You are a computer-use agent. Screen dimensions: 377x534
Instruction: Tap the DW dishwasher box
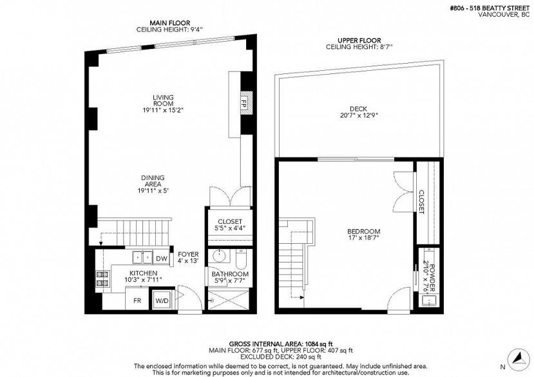pos(162,259)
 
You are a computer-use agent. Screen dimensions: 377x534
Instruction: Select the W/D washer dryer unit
pos(160,300)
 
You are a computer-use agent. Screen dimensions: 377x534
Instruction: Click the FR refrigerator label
pos(137,300)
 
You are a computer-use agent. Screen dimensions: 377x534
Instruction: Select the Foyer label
pos(188,258)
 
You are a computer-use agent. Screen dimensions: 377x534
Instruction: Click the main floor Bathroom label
pos(230,277)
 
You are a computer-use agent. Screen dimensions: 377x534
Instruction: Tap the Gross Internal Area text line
pos(266,344)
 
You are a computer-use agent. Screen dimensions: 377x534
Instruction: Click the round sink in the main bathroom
pos(218,257)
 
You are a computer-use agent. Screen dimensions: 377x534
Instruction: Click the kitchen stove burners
pos(101,279)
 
